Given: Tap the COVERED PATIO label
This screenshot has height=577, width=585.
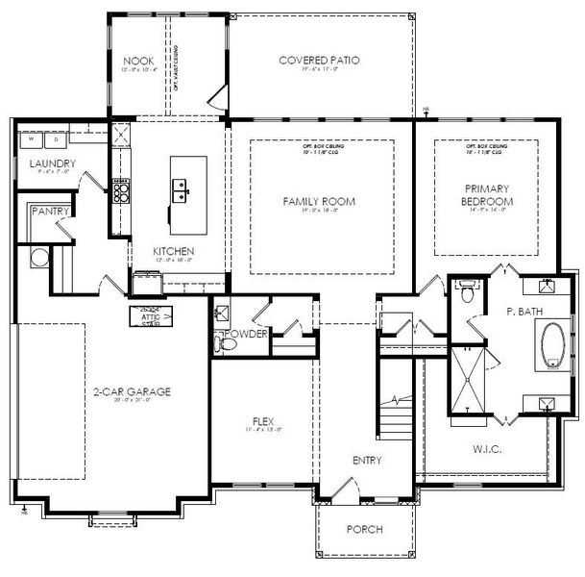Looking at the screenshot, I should point(319,60).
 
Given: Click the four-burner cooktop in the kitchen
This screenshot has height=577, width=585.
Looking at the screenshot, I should point(121,192).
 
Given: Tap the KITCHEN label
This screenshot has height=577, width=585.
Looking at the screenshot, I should point(174,252).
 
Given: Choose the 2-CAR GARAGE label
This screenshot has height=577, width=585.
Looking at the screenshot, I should point(132,391).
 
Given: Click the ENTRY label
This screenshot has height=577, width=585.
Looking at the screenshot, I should point(366,460).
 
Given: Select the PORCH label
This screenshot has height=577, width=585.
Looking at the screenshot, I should point(366,529).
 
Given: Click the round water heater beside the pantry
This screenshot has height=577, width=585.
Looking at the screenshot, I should point(40,257).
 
